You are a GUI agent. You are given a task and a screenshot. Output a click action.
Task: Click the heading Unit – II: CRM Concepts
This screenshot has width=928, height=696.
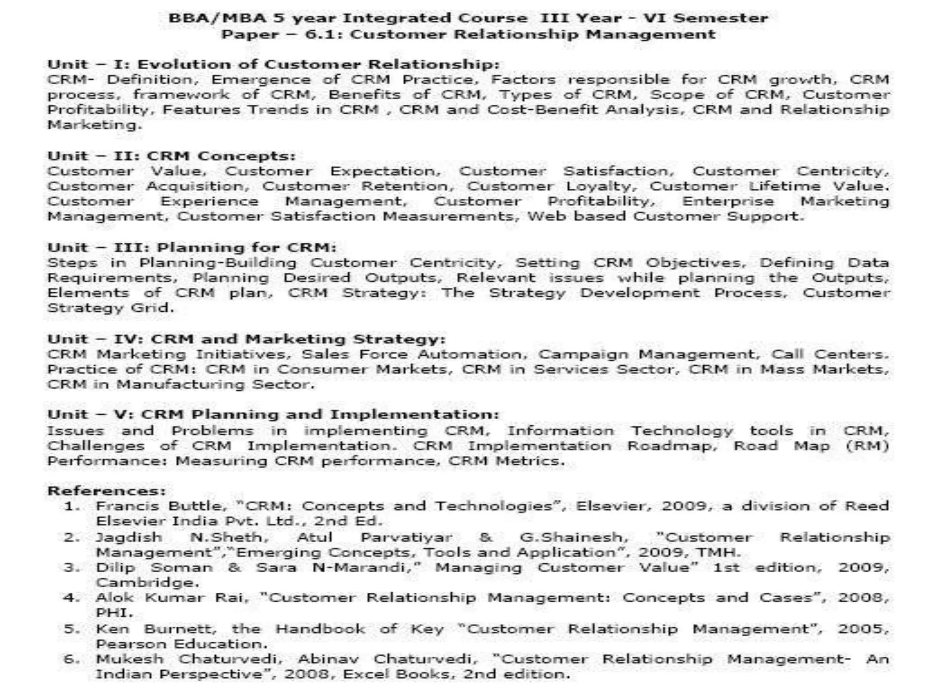pos(171,156)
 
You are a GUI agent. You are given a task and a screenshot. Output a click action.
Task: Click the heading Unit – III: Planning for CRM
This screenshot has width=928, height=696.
pos(192,247)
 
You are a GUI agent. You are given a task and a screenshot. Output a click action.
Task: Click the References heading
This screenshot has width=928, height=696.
pos(107,491)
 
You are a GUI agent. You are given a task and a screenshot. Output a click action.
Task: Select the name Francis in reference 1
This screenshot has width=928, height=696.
pos(127,506)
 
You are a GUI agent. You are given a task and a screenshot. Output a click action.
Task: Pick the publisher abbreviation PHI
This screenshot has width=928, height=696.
pos(114,613)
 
